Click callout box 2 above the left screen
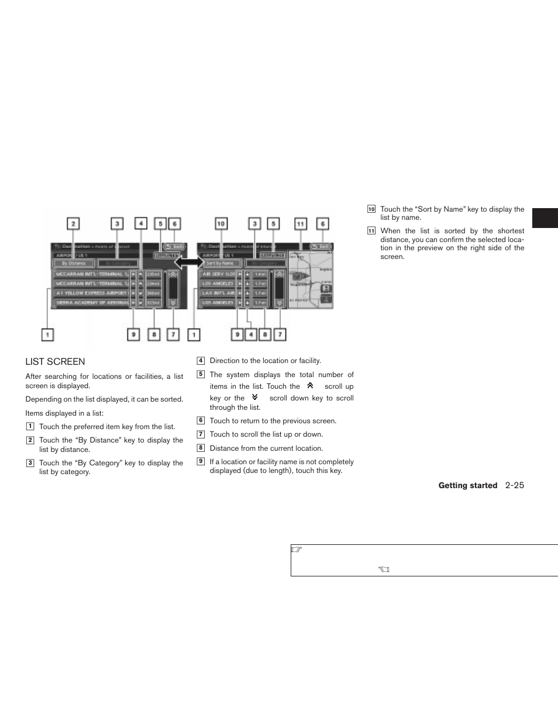point(73,224)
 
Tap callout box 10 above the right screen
point(221,224)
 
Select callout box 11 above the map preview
point(300,224)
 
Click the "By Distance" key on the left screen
point(74,264)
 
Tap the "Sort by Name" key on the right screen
point(221,264)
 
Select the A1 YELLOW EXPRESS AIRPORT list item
point(91,293)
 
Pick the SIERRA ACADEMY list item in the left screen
point(91,303)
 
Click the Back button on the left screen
point(174,247)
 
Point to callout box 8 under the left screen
point(154,334)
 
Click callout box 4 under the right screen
point(251,334)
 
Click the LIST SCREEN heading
point(55,362)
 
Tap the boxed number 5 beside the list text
point(201,374)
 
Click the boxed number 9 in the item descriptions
point(201,461)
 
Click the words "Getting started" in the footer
point(467,485)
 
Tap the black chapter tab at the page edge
point(545,217)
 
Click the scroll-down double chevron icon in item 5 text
point(254,397)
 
